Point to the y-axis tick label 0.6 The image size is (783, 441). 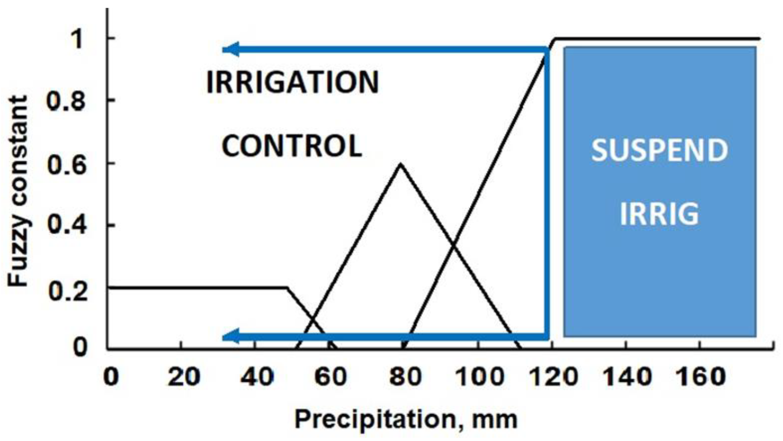click(66, 165)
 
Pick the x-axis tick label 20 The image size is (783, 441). click(184, 377)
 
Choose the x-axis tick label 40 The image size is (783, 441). click(257, 377)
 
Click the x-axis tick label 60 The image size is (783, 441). click(331, 377)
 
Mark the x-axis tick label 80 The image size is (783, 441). click(405, 377)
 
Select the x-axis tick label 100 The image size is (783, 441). click(479, 377)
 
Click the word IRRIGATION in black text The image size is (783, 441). click(293, 82)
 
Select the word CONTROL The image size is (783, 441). click(292, 146)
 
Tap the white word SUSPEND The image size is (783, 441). click(660, 150)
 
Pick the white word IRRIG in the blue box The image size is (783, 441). click(659, 214)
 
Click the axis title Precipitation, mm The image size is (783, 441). click(406, 419)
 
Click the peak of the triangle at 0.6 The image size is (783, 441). click(401, 164)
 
